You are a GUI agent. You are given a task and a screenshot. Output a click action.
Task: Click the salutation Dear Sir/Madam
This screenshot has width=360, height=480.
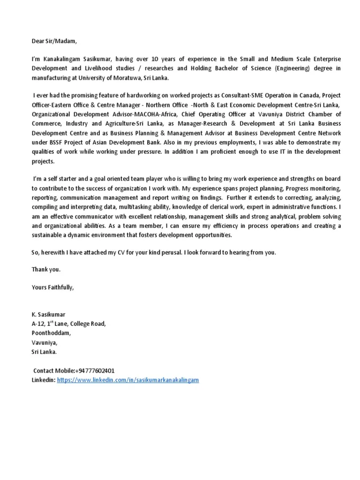coord(53,41)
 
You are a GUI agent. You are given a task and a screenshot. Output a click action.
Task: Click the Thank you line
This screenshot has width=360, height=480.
coord(46,270)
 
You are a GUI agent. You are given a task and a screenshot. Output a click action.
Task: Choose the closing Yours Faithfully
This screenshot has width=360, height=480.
coord(52,287)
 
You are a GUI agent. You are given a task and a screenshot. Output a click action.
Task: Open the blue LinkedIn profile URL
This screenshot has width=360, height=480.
coord(128,380)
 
